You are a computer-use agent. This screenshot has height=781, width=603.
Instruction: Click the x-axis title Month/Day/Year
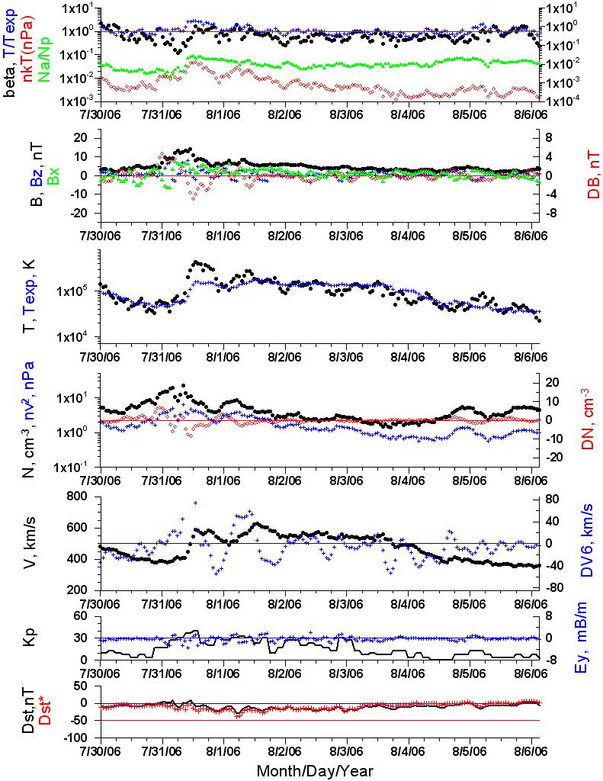pos(315,770)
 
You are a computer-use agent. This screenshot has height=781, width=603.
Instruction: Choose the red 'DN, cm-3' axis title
pos(589,419)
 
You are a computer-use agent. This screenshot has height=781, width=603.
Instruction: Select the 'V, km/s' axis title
pos(30,542)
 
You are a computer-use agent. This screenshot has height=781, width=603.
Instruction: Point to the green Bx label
pos(53,175)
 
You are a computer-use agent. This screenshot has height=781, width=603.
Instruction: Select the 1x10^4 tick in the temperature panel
pos(77,337)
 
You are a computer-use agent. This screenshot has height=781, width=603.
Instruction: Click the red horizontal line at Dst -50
pos(319,720)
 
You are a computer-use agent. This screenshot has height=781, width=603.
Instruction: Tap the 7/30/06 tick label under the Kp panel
pos(100,673)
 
